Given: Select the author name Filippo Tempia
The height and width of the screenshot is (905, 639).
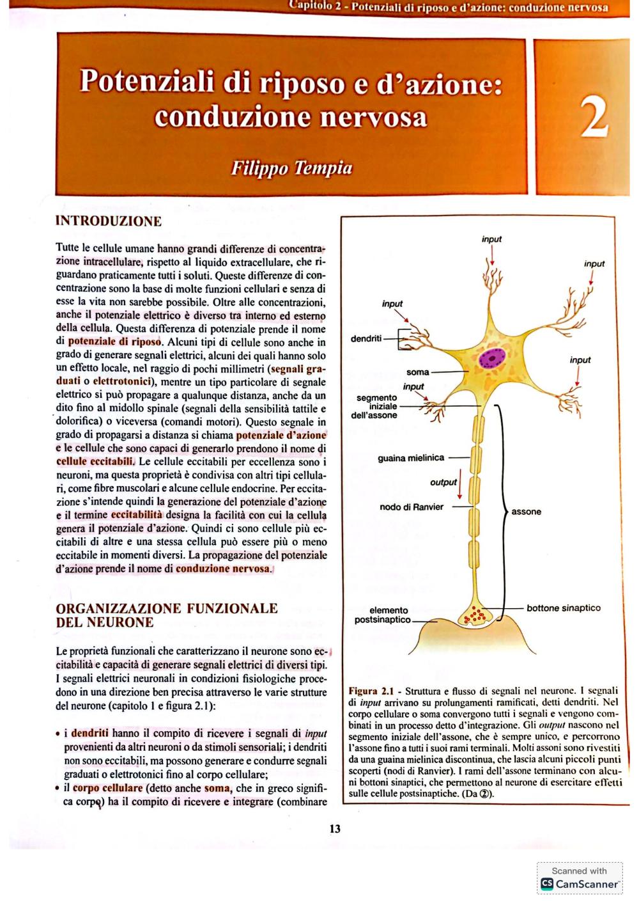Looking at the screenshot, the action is tap(291, 168).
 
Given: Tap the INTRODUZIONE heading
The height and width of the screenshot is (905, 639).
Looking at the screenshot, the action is tap(109, 221).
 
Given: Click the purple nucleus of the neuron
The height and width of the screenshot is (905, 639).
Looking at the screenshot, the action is tap(492, 358).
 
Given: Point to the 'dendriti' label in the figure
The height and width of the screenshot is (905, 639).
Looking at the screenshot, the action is tap(366, 338).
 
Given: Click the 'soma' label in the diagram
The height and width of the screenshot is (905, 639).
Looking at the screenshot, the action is tap(417, 372).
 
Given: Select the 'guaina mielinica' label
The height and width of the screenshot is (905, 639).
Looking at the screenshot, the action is tap(411, 458).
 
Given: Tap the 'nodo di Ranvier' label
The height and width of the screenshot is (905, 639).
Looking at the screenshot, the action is tap(412, 507).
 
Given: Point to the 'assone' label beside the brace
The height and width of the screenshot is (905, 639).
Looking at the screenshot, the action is tap(526, 512).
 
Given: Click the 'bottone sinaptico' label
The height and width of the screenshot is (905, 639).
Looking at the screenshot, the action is tap(563, 608).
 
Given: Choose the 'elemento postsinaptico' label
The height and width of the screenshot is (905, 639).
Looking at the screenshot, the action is tap(382, 615).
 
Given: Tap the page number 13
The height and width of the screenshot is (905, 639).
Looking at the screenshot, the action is tap(335, 829).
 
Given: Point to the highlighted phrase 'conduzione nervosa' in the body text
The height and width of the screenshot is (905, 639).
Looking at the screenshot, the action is tap(222, 569).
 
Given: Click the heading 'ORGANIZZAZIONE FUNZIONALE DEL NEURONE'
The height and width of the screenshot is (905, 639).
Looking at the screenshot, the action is tap(167, 615).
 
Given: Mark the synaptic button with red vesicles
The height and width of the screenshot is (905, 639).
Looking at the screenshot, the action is tap(475, 615).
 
